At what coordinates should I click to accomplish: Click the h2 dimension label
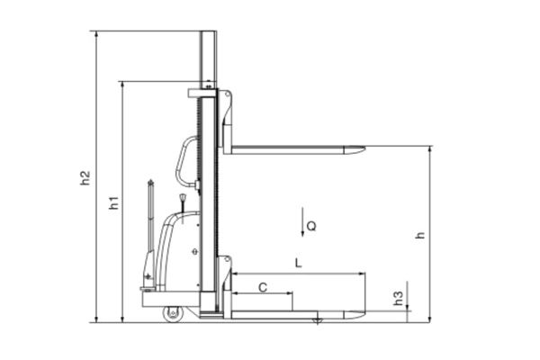85,178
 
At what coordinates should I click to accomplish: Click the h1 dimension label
114,202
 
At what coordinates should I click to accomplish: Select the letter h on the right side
420,235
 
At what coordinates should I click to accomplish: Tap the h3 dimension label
398,298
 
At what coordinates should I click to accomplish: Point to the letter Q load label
311,226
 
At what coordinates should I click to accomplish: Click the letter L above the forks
298,263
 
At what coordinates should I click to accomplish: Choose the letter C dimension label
263,287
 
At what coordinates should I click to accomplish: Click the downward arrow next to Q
302,222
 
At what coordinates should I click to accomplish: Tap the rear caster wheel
173,314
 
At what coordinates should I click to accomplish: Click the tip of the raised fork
364,149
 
